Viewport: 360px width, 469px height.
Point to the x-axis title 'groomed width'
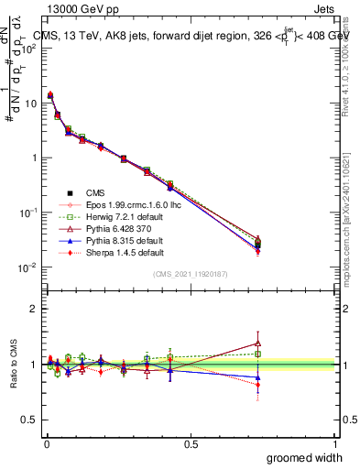307,457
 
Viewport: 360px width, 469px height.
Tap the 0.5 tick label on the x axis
190,443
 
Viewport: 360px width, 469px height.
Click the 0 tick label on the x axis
47,443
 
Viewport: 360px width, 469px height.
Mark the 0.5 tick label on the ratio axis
27,420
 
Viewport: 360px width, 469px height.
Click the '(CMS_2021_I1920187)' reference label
190,274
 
